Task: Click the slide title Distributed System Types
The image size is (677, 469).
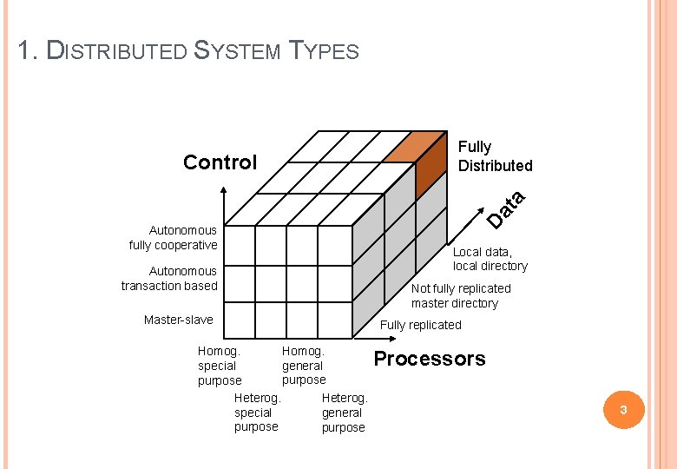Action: click(188, 50)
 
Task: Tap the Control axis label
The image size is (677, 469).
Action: click(220, 162)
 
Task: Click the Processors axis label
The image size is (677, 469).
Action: click(430, 359)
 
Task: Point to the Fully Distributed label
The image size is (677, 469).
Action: click(495, 156)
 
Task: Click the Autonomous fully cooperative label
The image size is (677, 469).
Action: click(173, 237)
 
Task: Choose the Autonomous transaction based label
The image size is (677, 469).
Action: click(169, 278)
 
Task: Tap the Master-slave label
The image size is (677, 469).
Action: click(178, 320)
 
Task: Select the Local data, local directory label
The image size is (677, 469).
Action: click(490, 259)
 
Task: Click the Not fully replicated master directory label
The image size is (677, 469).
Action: click(461, 295)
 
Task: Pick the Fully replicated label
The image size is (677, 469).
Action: click(421, 325)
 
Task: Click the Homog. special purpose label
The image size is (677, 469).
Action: click(219, 366)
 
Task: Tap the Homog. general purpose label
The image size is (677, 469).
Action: click(303, 366)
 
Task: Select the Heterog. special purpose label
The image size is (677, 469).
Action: click(257, 413)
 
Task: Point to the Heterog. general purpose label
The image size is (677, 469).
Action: click(345, 413)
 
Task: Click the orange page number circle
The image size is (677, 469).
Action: click(622, 410)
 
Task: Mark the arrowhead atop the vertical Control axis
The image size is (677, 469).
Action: click(225, 197)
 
